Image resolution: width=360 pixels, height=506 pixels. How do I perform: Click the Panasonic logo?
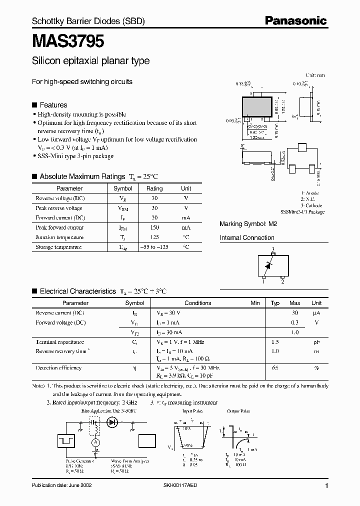coord(295,21)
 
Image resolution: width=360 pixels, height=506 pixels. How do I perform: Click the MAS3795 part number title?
coord(68,41)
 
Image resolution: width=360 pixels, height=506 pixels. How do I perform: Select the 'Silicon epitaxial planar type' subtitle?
coord(90,61)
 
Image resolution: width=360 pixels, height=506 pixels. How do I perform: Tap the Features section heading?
coord(53,105)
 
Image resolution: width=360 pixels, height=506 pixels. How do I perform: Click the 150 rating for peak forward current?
coord(154,227)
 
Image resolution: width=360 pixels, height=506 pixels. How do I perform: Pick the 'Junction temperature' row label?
coord(59,237)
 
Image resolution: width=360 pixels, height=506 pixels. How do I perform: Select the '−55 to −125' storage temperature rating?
coord(154,247)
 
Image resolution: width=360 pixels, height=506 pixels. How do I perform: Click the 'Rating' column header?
coord(154,188)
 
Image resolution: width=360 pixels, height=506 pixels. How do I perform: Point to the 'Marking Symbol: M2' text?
coord(248,224)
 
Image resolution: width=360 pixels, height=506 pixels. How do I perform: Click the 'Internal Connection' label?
coord(247,238)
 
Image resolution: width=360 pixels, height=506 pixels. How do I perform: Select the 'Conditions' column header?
coord(197,303)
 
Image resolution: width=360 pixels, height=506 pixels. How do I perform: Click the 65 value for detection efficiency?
coord(275,368)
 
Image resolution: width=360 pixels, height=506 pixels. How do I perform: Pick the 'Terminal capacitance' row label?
coord(59,342)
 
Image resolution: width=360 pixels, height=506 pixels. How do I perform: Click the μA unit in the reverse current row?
coord(316,313)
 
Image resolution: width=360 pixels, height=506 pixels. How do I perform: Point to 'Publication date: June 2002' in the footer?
coord(61,485)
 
